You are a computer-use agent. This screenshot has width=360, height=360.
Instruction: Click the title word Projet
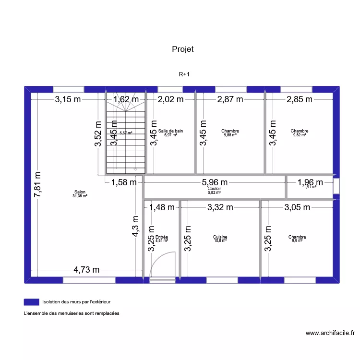pos(182,49)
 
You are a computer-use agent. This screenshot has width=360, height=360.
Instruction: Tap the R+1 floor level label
pos(184,74)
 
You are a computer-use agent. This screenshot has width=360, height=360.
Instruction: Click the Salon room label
pos(80,192)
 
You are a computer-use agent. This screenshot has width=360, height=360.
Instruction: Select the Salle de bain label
pos(171,131)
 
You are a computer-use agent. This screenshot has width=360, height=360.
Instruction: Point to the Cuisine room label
pos(220,237)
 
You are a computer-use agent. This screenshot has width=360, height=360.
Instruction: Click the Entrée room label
pos(162,237)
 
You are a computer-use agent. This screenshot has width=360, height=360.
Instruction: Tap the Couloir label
pos(215,189)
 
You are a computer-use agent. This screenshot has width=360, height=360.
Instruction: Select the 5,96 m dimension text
pos(215,182)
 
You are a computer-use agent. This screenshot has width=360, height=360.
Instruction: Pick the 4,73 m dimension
pos(87,270)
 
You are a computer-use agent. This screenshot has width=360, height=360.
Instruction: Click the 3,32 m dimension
pos(220,207)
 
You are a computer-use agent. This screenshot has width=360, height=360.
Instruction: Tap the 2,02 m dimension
pos(171,100)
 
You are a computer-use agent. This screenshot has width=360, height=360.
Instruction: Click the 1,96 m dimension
pos(310,182)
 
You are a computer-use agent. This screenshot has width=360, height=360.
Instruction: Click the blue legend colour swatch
pos(31,302)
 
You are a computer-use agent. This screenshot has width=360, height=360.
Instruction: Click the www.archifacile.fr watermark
pos(330,333)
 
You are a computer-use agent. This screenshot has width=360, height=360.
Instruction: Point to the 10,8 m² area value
pos(220,240)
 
